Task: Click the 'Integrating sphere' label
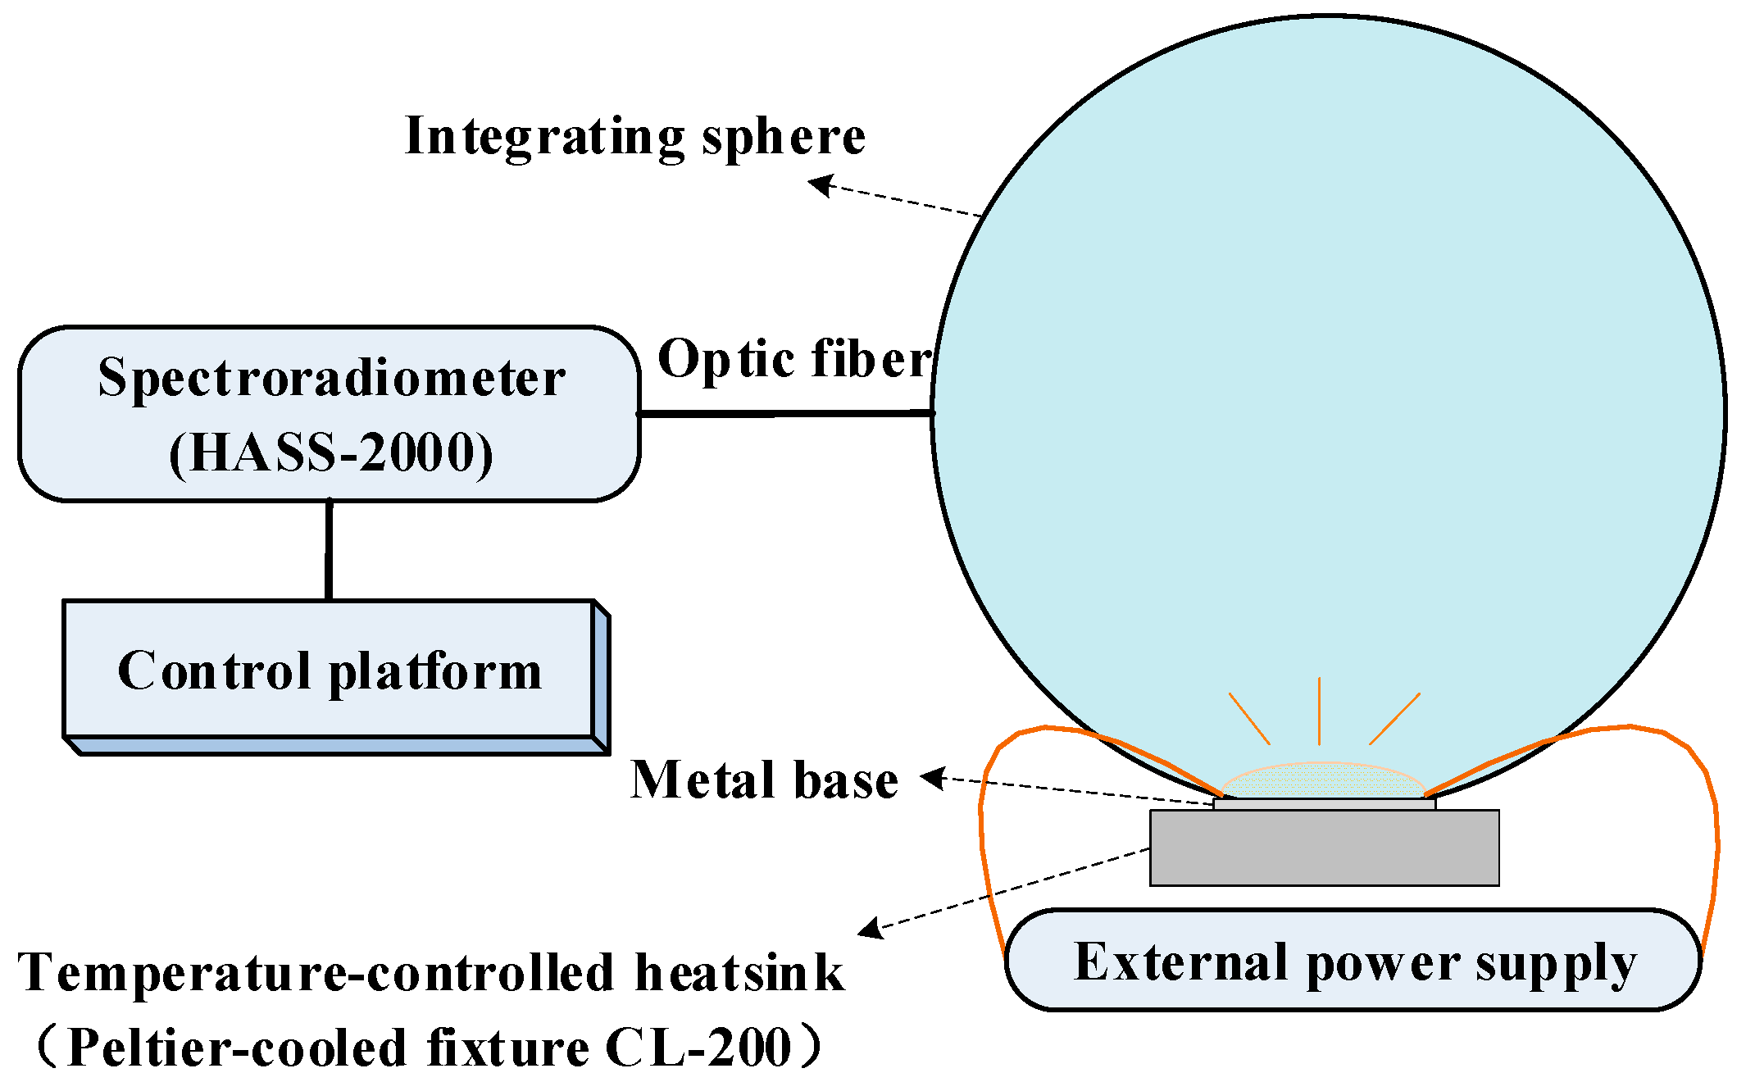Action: [x=635, y=136]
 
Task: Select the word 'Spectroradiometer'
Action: [x=331, y=378]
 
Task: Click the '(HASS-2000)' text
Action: [x=331, y=452]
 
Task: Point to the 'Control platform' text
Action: [x=330, y=671]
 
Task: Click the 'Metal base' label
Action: [x=764, y=779]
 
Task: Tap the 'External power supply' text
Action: [x=1355, y=962]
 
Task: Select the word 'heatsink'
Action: [x=740, y=973]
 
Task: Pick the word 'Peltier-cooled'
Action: [x=238, y=1048]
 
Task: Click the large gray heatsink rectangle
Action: [x=1324, y=848]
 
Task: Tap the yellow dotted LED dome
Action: [x=1323, y=780]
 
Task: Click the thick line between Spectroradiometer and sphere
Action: [x=785, y=413]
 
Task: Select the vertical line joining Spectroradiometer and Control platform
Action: [x=329, y=549]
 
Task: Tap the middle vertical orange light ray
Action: [x=1319, y=711]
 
